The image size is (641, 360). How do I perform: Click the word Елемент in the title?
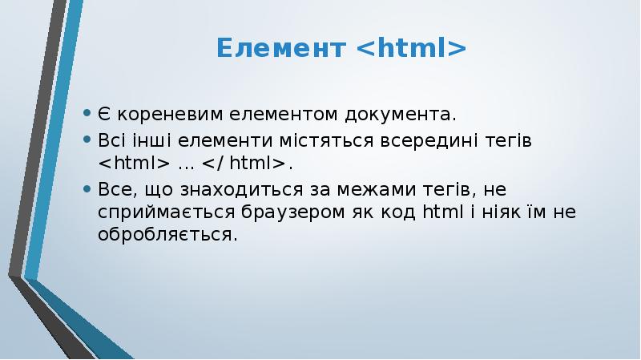pyautogui.click(x=280, y=50)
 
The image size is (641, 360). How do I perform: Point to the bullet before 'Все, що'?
pyautogui.click(x=88, y=189)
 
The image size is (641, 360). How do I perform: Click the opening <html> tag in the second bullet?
pyautogui.click(x=134, y=164)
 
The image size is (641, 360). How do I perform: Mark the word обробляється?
pyautogui.click(x=167, y=237)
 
